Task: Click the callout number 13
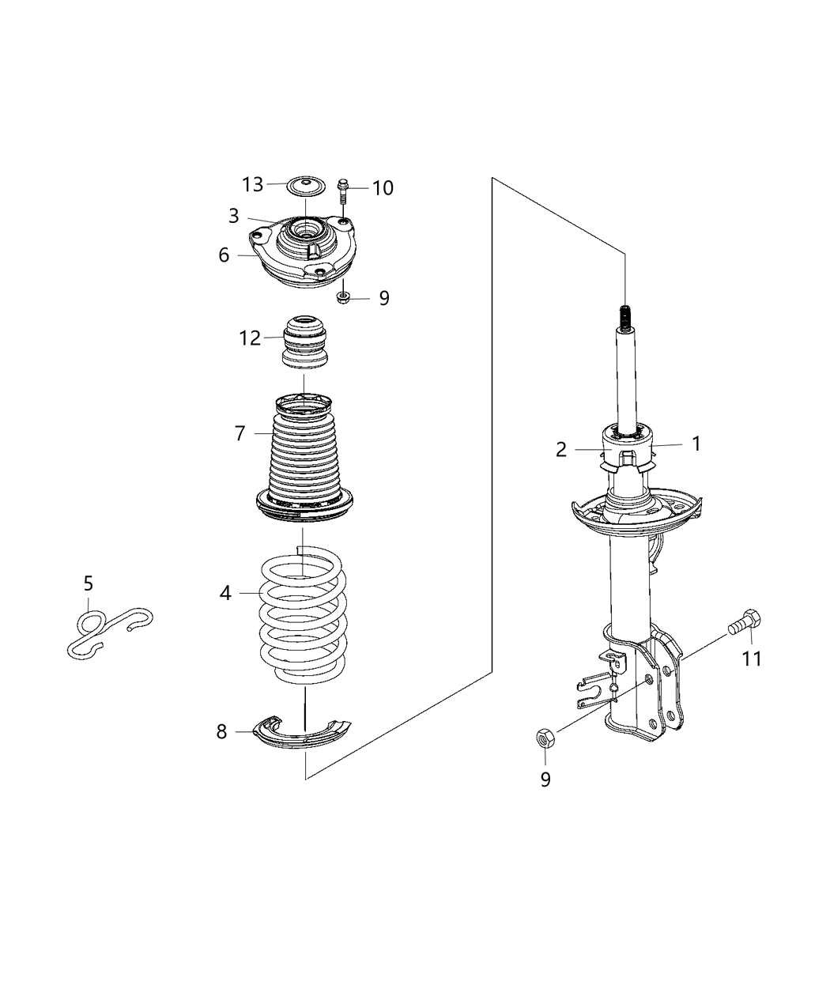tap(252, 185)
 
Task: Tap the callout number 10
tap(383, 188)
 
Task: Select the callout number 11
tap(751, 658)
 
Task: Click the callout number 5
tap(88, 583)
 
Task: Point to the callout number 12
tap(250, 338)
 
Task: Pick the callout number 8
tap(221, 732)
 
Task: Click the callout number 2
tap(561, 450)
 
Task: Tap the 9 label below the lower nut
tap(545, 779)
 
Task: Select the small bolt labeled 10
tap(344, 191)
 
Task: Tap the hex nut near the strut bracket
tap(545, 738)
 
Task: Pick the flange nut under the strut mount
tap(344, 298)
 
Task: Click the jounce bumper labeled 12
tap(304, 342)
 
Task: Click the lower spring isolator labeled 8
tap(304, 731)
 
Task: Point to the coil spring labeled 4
tap(304, 617)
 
